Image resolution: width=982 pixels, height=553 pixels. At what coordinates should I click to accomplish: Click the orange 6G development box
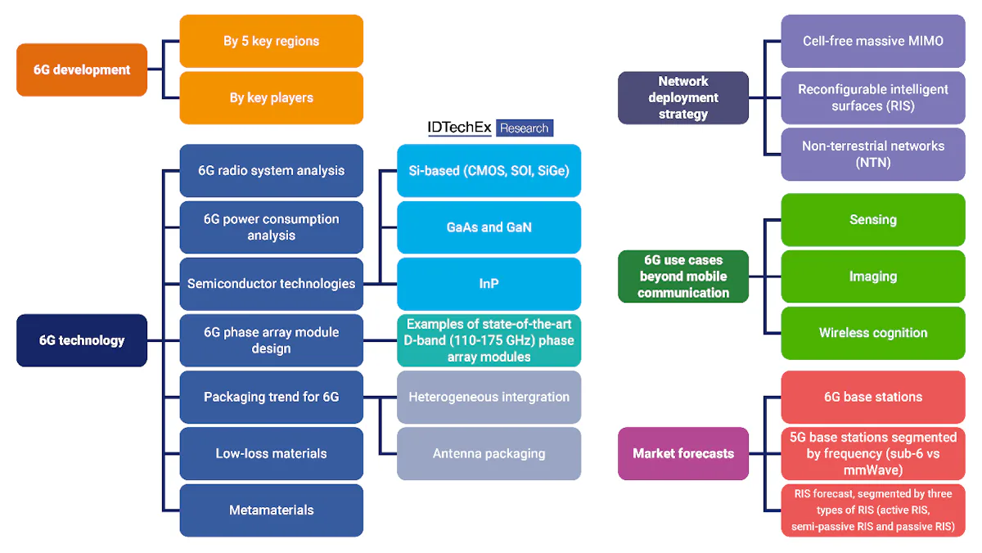(82, 70)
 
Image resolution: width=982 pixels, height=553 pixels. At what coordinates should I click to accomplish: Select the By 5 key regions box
(271, 41)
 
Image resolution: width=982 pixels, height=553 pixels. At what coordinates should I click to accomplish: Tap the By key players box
(271, 97)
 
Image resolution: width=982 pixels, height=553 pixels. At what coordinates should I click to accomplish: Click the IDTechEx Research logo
(490, 128)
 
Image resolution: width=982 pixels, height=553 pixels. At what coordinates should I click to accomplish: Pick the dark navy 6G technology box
(82, 340)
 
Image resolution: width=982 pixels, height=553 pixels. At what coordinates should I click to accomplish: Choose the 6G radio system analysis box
(271, 170)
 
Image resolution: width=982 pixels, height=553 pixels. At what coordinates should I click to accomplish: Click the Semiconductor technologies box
(271, 284)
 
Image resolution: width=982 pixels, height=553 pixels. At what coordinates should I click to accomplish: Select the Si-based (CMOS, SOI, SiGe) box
(489, 170)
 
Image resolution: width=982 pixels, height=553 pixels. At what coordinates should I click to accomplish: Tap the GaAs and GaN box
(489, 227)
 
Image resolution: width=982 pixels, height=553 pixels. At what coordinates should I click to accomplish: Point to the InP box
(489, 284)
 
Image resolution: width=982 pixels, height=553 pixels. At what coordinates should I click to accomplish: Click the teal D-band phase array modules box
(489, 340)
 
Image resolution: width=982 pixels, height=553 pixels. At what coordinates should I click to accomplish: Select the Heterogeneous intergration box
(489, 397)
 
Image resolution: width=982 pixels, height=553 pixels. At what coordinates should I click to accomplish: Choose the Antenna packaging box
(489, 453)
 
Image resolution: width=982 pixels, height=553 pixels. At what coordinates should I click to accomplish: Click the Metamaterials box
(271, 510)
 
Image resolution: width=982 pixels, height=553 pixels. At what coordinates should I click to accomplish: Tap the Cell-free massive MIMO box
(872, 41)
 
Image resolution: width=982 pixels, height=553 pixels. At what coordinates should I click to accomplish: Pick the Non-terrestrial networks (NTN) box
(872, 154)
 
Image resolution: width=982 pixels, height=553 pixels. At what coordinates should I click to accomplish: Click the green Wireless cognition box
(872, 333)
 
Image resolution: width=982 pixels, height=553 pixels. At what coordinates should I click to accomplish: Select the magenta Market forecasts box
(683, 453)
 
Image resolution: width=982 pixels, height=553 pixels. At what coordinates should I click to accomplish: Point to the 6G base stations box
(872, 397)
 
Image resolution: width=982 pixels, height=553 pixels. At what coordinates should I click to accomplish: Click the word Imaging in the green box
(872, 276)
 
